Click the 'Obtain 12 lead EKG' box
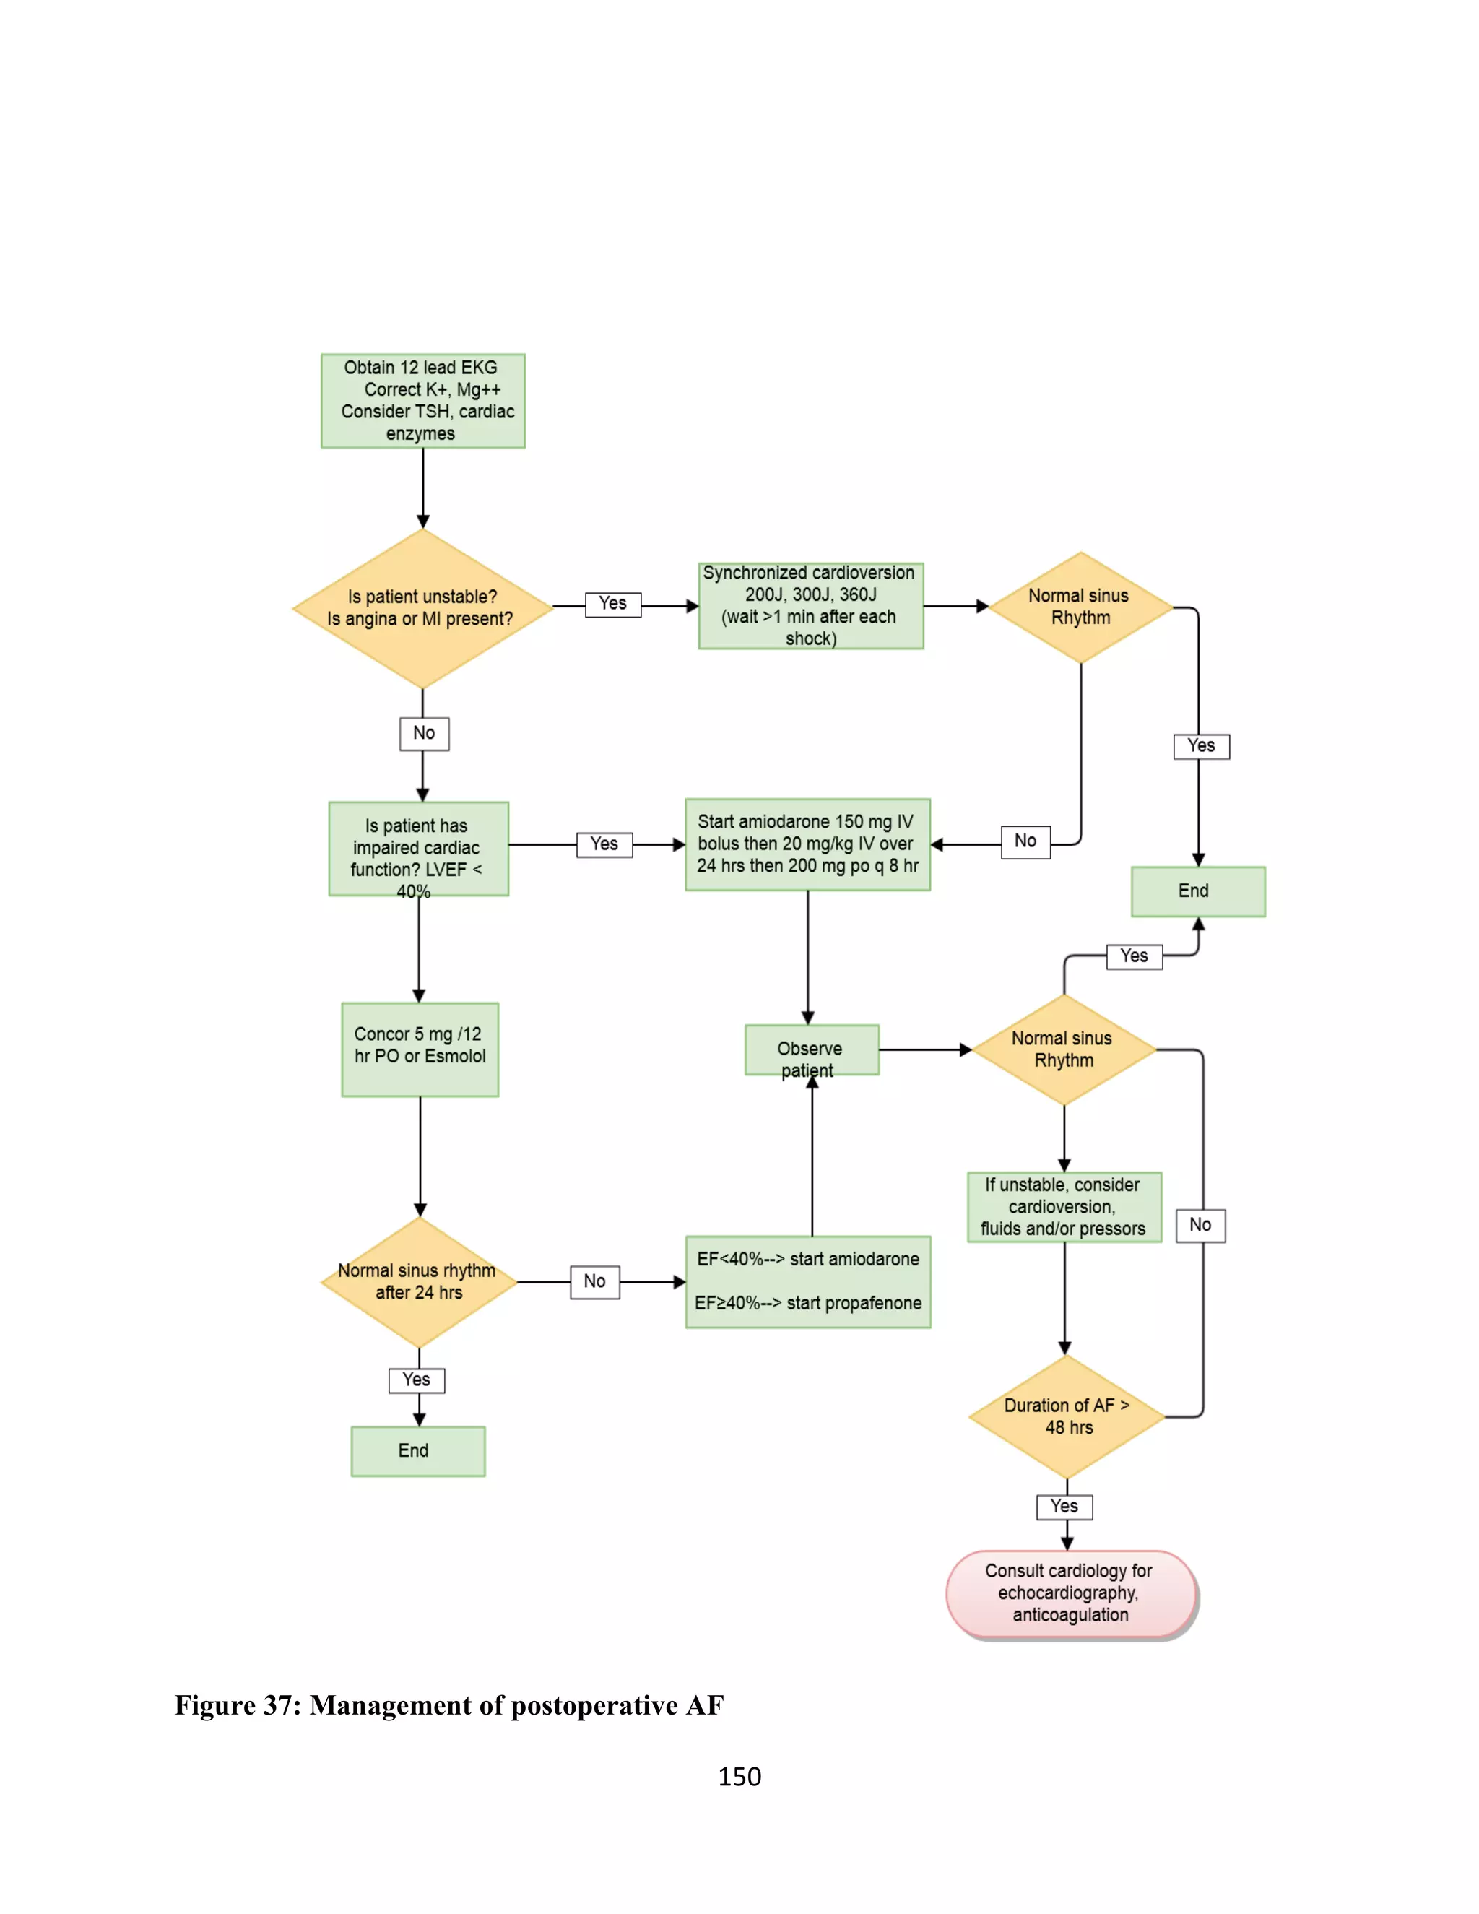pyautogui.click(x=422, y=401)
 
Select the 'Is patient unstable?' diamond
pyautogui.click(x=422, y=608)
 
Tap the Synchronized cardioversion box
pyautogui.click(x=810, y=605)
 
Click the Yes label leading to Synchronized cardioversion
pyautogui.click(x=613, y=604)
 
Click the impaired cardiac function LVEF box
pyautogui.click(x=418, y=849)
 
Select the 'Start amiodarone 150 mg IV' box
pyautogui.click(x=807, y=844)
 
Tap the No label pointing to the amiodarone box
pyautogui.click(x=1025, y=841)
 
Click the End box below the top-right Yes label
pyautogui.click(x=1197, y=891)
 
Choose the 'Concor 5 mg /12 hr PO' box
pyautogui.click(x=420, y=1049)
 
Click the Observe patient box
pyautogui.click(x=811, y=1049)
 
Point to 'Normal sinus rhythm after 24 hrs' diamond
pyautogui.click(x=419, y=1282)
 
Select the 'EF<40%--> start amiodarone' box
pyautogui.click(x=808, y=1281)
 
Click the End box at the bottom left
pyautogui.click(x=418, y=1450)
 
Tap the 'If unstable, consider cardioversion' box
pyautogui.click(x=1064, y=1207)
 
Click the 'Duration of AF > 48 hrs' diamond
pyautogui.click(x=1067, y=1416)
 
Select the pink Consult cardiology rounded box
pyautogui.click(x=1071, y=1593)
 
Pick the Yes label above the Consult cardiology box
pyautogui.click(x=1064, y=1507)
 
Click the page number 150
pyautogui.click(x=739, y=1777)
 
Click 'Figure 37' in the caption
pyautogui.click(x=237, y=1705)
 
